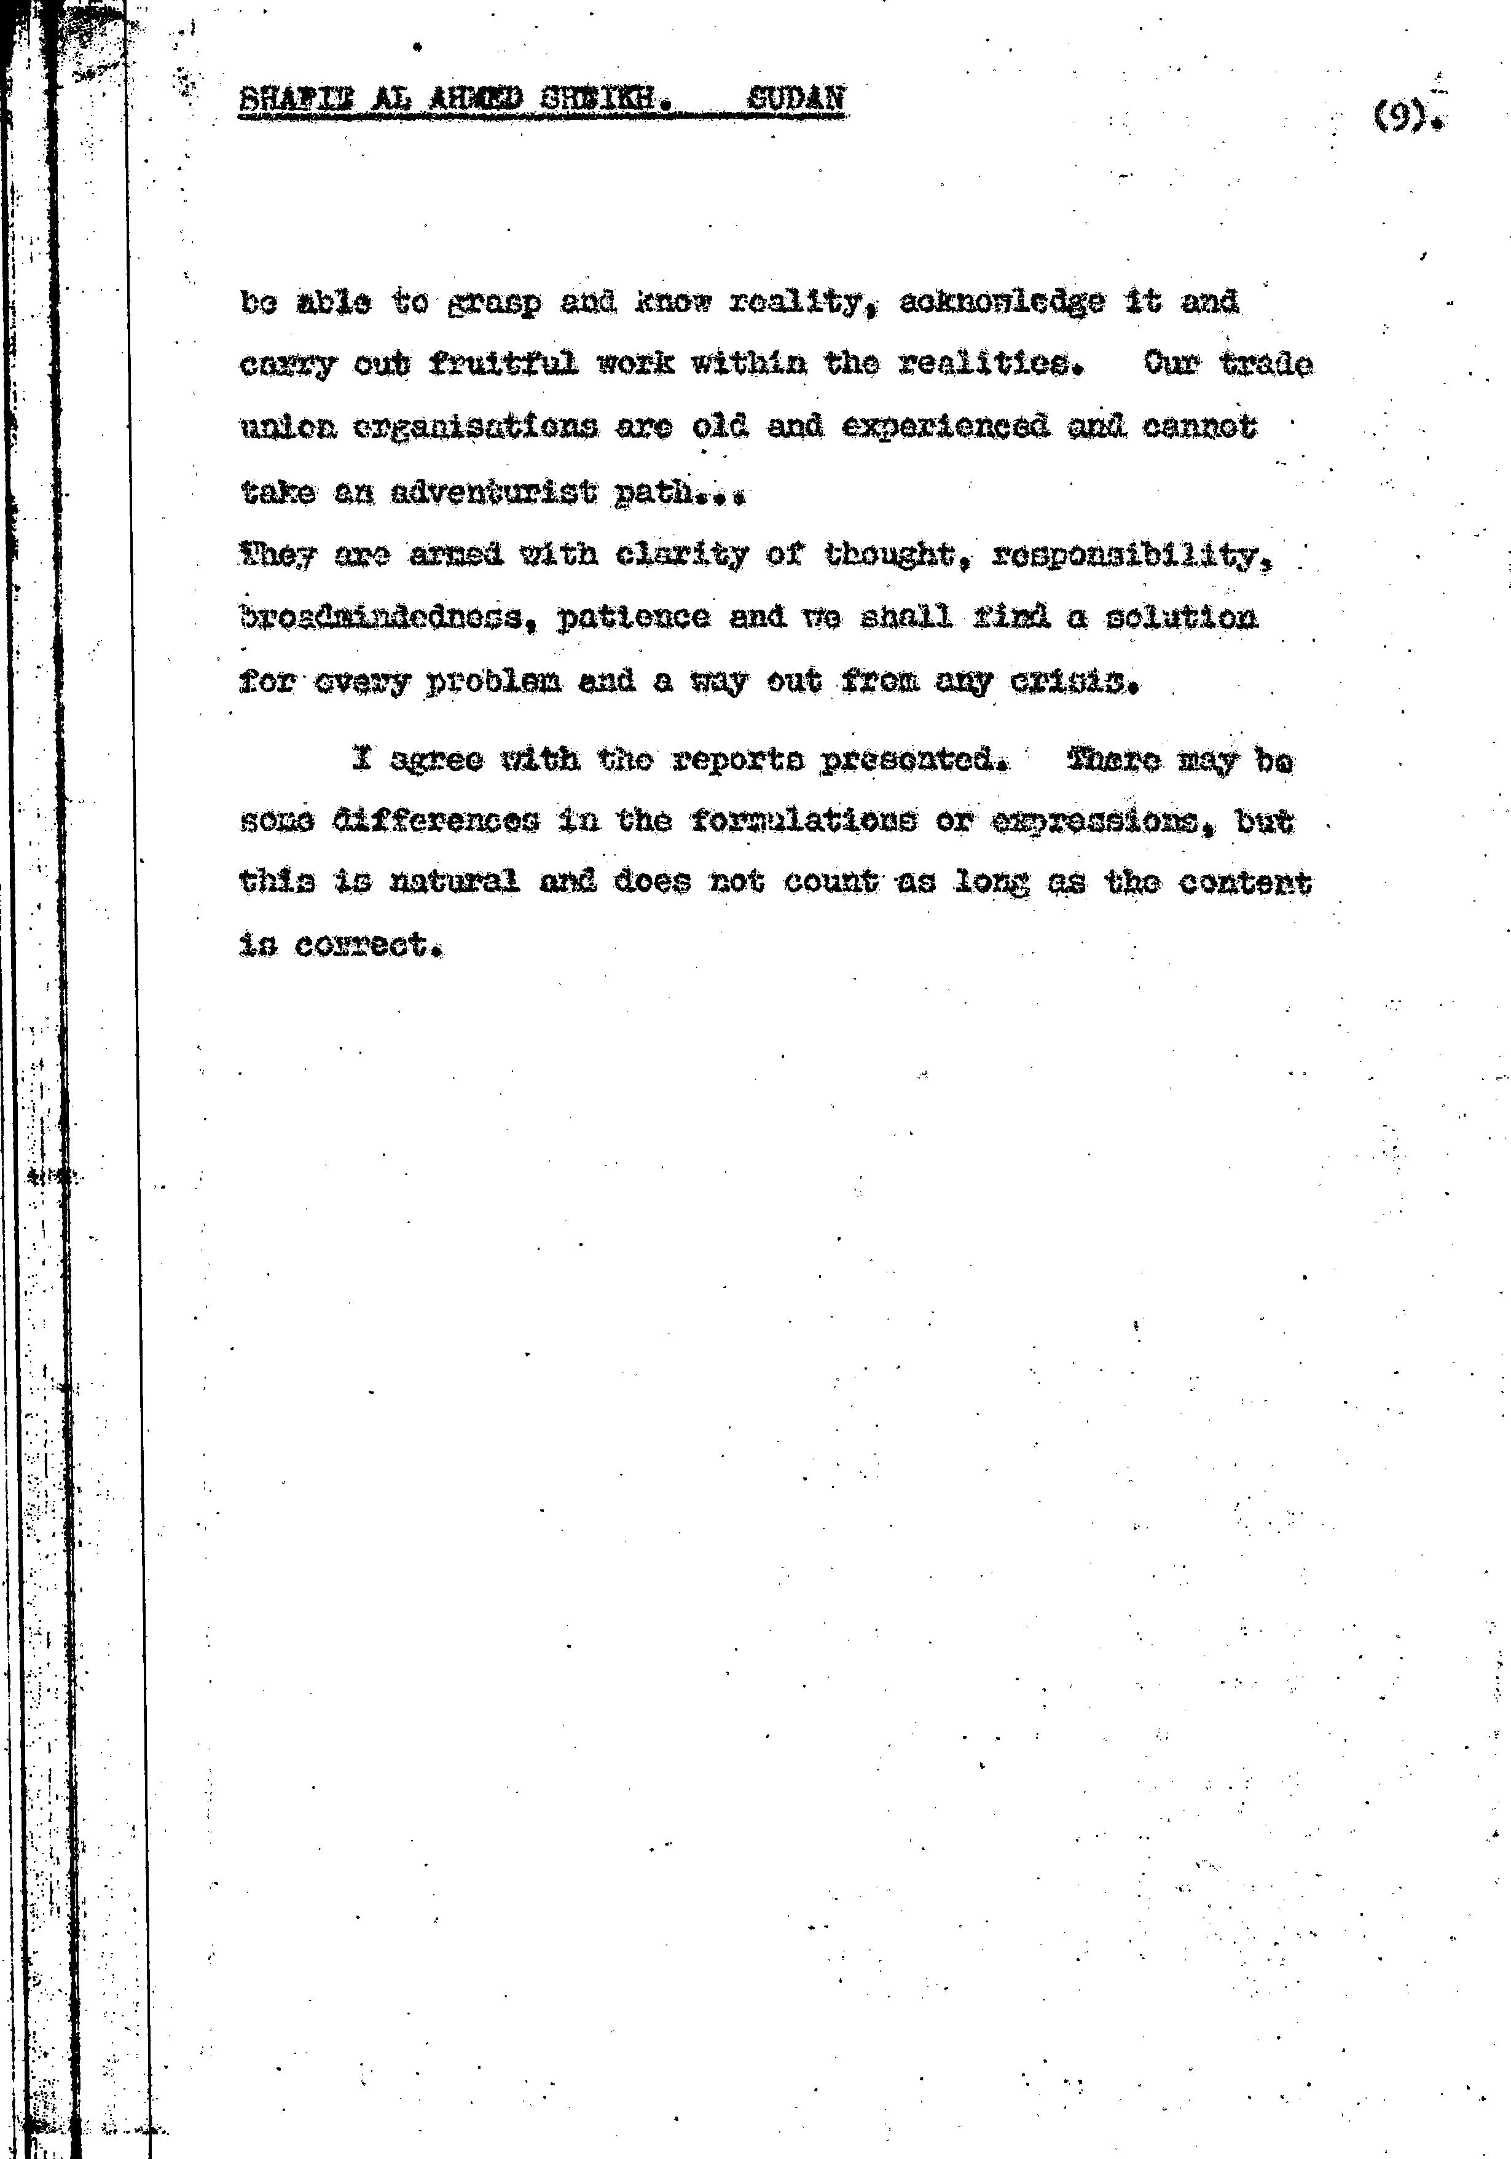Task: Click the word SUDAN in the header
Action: tap(796, 98)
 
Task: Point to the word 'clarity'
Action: tap(681, 555)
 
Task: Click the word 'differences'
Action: tap(436, 821)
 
